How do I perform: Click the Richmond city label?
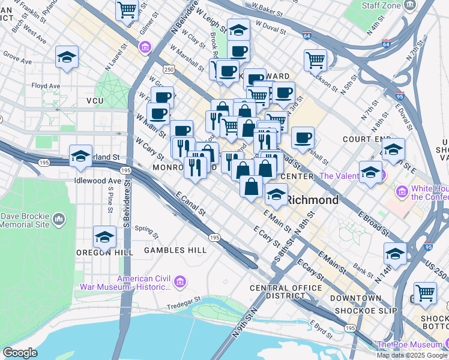(312, 200)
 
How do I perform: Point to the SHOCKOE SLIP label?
(358, 310)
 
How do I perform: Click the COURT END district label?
(367, 139)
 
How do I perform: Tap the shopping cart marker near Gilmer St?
(127, 9)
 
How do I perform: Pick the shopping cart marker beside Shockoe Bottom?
(425, 293)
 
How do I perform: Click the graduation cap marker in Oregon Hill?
(104, 237)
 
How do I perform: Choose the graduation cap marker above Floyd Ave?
(67, 57)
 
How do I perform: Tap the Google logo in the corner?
(20, 353)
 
